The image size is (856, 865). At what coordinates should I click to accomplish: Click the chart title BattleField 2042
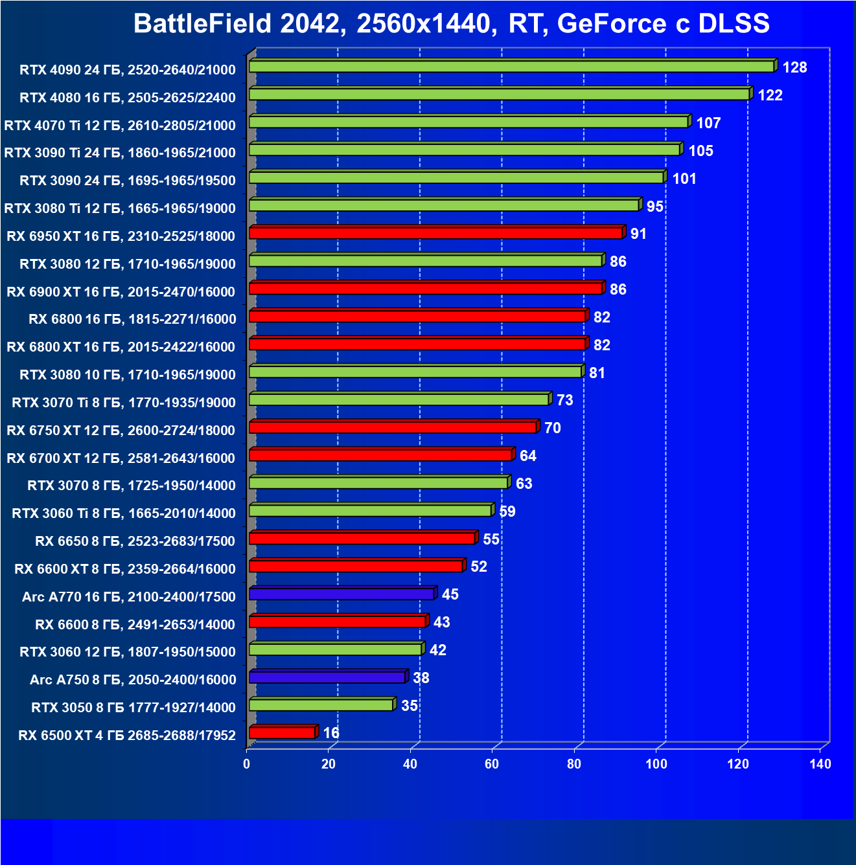(x=451, y=24)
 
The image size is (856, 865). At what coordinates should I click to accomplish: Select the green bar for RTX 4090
(x=511, y=67)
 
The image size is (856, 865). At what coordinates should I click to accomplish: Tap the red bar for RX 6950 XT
(x=435, y=233)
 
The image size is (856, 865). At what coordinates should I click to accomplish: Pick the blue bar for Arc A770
(x=341, y=594)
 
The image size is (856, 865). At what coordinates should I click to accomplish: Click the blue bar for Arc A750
(x=327, y=677)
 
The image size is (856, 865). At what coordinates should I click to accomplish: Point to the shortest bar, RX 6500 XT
(x=282, y=733)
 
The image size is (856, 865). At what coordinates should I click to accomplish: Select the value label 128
(x=794, y=67)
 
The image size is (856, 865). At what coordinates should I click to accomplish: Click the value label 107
(x=708, y=123)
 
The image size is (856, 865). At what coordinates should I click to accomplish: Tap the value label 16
(x=331, y=733)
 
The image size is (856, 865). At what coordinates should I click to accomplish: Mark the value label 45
(x=450, y=594)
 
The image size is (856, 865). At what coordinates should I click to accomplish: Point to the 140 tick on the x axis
(x=820, y=764)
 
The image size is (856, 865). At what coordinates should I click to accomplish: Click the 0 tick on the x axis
(x=246, y=764)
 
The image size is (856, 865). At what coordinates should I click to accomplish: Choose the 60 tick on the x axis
(x=492, y=764)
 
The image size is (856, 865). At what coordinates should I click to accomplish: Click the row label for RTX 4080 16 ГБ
(x=128, y=98)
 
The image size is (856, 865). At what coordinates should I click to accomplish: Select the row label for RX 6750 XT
(x=121, y=431)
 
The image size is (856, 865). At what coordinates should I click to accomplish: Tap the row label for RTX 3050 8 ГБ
(x=133, y=708)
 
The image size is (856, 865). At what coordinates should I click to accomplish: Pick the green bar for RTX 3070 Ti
(x=399, y=399)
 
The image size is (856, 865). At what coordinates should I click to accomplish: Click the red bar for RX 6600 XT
(x=356, y=566)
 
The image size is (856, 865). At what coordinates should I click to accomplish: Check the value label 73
(x=564, y=400)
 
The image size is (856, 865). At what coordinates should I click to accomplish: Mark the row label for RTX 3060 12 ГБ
(x=128, y=652)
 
